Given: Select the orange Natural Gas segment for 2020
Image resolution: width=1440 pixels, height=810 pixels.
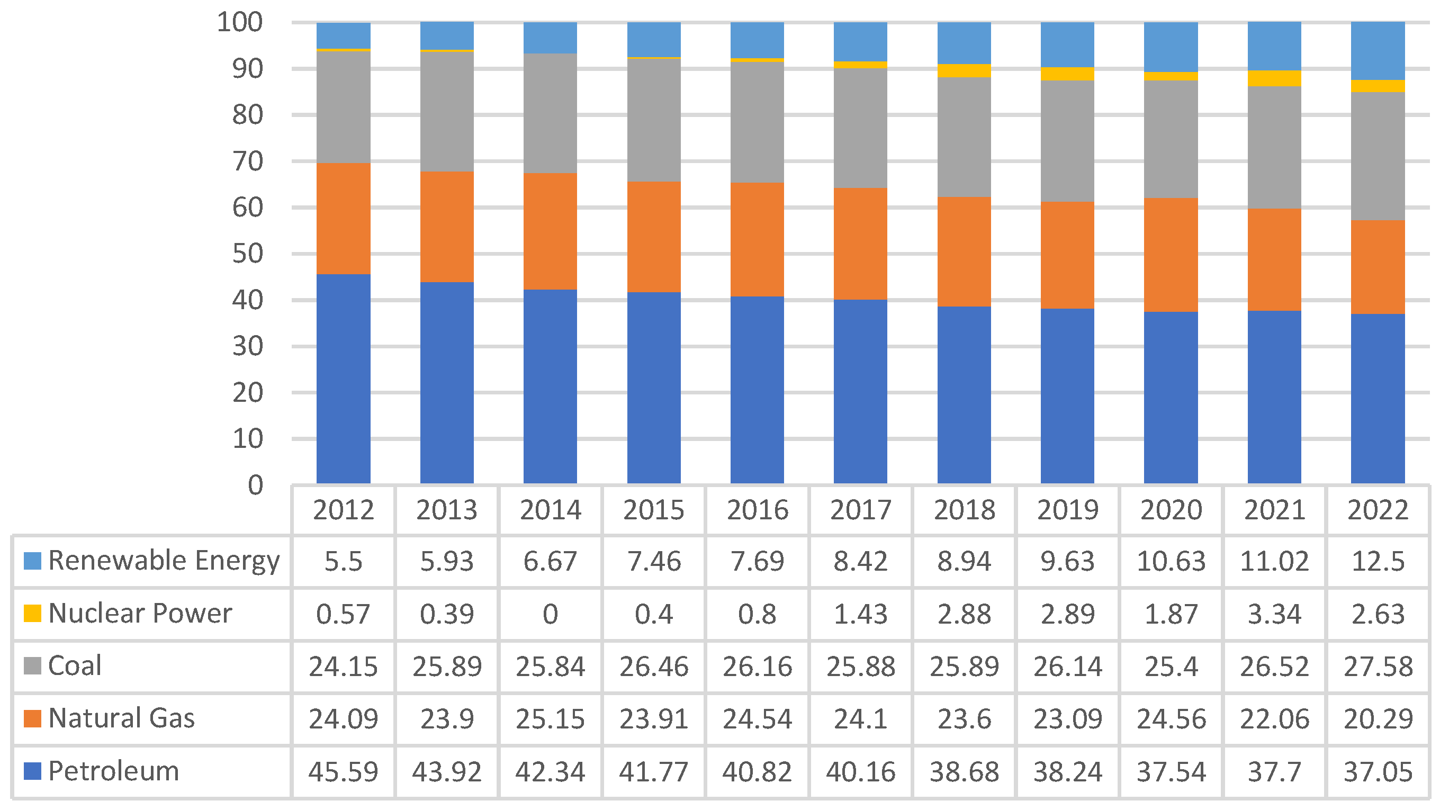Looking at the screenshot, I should pos(1171,255).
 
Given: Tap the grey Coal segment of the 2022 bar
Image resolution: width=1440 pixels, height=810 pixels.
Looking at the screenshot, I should pos(1378,156).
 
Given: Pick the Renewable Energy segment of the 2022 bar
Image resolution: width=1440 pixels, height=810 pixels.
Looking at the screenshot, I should pos(1378,51).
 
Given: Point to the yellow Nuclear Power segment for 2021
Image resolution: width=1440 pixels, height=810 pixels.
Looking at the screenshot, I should pos(1274,78).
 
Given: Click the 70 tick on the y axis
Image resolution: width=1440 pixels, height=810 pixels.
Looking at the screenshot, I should pos(247,161).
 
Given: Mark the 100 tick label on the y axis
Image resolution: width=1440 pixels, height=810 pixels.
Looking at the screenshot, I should pos(240,22).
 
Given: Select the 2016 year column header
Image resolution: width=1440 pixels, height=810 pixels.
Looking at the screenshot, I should pos(757,510).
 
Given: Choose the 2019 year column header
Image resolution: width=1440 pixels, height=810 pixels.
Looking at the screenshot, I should pos(1067,510).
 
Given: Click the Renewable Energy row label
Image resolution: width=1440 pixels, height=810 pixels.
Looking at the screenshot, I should pos(163,561).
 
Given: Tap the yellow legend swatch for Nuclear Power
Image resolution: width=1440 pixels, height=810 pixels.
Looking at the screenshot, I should pos(32,613).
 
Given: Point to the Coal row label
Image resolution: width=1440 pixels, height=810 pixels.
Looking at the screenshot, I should pos(75,666).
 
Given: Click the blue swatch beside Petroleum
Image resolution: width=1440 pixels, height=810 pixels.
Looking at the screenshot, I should pos(32,771).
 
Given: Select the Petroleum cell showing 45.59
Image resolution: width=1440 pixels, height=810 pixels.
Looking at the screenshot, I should pos(343,771).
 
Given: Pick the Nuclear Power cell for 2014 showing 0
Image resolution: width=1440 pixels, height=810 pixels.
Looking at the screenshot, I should pos(550,614).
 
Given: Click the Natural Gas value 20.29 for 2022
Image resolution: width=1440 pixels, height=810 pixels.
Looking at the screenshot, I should pos(1378,719).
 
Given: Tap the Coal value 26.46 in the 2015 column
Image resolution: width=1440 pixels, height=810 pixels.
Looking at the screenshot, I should pos(653,667).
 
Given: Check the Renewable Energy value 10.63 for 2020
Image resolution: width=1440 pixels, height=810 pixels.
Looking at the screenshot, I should pos(1171,561).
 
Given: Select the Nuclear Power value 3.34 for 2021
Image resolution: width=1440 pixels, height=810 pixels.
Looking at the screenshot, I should pos(1274,614).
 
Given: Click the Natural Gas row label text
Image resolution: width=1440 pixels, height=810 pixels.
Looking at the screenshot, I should pos(121,718).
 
